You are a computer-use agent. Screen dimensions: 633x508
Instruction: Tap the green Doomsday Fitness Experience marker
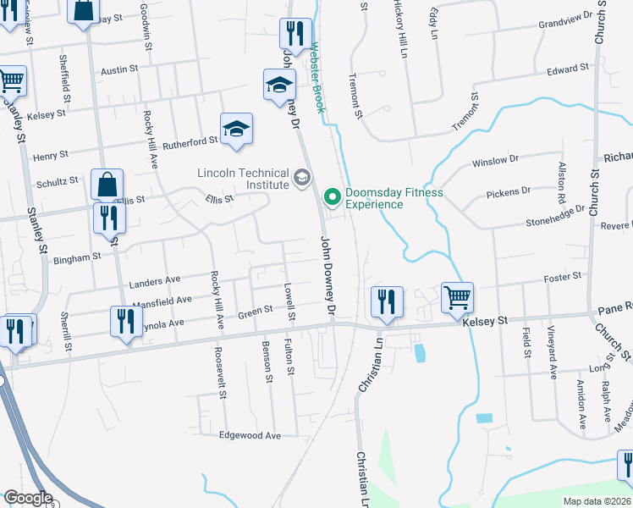pos(332,198)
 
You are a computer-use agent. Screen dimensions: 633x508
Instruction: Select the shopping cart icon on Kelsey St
pos(457,298)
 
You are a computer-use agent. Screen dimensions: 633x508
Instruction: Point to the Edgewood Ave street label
pos(250,435)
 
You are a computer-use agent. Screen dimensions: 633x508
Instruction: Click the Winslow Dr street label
pos(495,161)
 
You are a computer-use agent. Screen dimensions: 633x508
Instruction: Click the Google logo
pos(28,498)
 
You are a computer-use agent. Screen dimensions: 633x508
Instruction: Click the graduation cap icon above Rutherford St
pos(237,130)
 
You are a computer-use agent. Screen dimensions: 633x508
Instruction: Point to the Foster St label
pos(564,276)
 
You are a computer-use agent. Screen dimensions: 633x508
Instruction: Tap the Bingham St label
pos(79,255)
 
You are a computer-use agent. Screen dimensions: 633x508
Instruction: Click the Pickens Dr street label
pos(509,194)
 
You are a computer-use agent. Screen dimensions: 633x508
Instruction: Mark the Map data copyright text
pos(597,501)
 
